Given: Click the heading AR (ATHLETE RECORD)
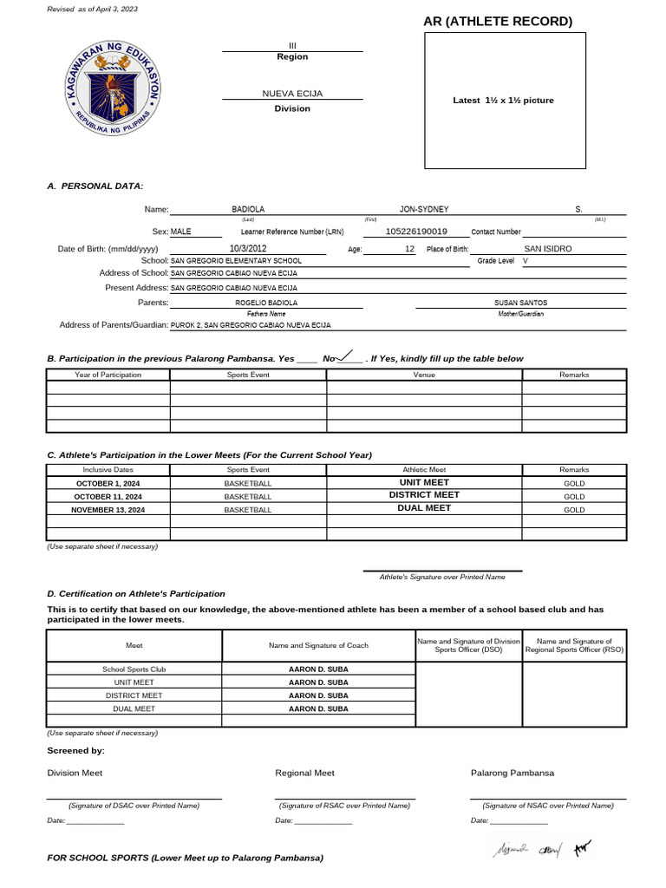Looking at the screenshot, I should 498,22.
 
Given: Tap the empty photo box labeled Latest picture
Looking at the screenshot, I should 505,101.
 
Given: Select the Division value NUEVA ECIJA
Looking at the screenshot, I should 292,93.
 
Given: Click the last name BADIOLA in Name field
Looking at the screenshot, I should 248,210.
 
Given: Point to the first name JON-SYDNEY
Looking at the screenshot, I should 424,210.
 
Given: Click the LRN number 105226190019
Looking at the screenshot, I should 416,232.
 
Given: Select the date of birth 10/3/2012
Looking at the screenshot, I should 248,249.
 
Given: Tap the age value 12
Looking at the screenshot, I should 409,249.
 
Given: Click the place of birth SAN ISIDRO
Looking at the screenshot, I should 548,249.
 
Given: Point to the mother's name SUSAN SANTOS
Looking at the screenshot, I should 520,303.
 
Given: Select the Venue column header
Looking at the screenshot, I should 424,375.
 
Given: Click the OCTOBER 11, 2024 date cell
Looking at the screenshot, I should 108,496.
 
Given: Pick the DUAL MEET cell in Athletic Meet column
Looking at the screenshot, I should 424,508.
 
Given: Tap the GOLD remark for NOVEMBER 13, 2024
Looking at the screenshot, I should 574,510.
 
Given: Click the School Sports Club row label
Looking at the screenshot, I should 134,669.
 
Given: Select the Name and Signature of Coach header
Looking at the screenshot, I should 318,645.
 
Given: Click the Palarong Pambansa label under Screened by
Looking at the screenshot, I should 513,773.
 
